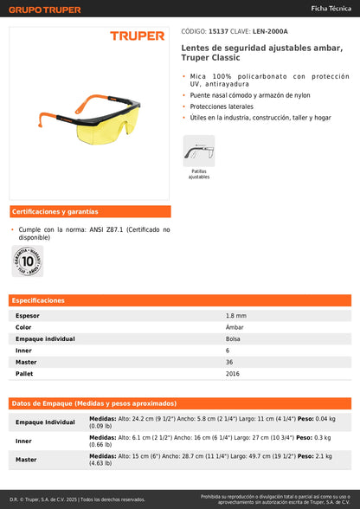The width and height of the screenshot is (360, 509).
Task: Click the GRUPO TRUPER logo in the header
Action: click(46, 10)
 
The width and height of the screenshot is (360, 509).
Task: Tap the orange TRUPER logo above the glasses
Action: click(137, 36)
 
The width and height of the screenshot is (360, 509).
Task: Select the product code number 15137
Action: click(220, 31)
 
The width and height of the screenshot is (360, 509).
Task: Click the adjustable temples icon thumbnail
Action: click(198, 151)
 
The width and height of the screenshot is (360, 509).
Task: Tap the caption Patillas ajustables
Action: click(198, 174)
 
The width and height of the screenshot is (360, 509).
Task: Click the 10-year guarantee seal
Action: click(28, 260)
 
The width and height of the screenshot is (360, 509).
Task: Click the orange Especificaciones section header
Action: click(38, 300)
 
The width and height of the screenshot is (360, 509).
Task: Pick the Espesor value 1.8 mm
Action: click(236, 316)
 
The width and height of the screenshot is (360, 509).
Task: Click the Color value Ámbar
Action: click(235, 327)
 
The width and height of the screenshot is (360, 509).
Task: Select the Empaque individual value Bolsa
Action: click(233, 338)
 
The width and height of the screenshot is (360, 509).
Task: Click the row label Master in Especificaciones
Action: click(27, 362)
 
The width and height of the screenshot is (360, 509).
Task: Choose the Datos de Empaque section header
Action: click(93, 403)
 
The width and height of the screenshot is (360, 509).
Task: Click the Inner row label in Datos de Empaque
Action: click(24, 441)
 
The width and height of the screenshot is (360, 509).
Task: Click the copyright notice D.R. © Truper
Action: click(78, 499)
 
